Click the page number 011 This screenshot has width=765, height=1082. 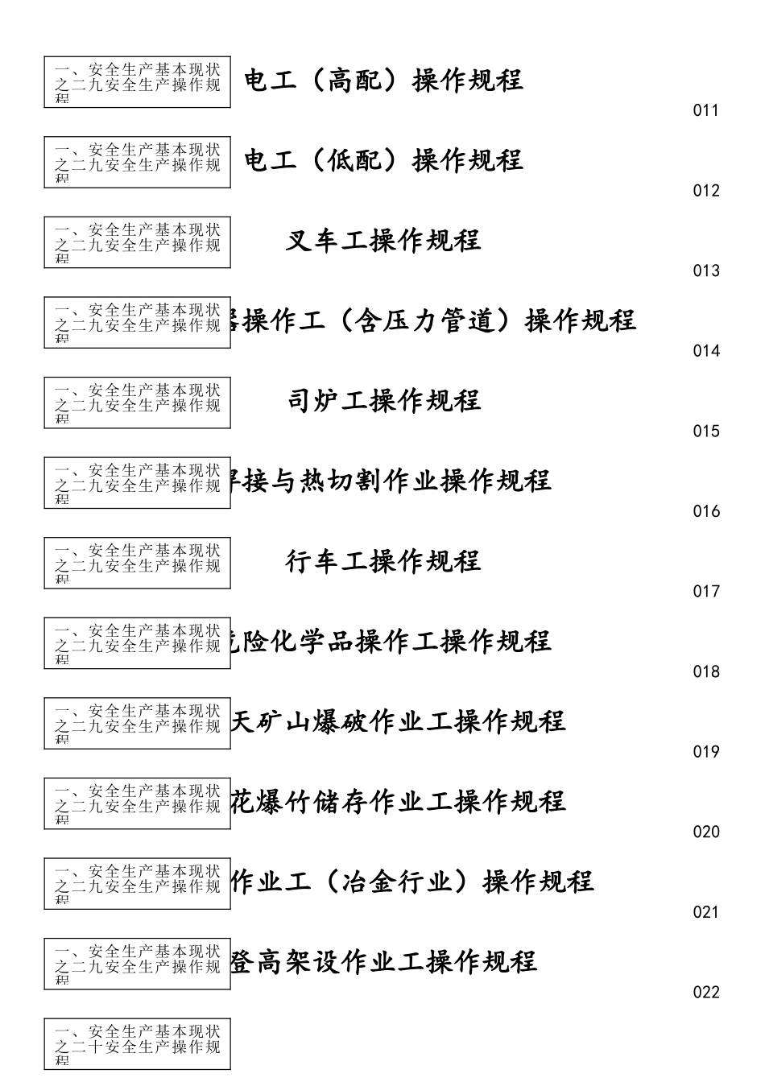point(705,110)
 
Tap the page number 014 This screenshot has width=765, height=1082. point(705,350)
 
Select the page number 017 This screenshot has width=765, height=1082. point(705,591)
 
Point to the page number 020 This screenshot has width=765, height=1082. point(705,832)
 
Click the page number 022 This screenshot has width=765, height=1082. point(705,992)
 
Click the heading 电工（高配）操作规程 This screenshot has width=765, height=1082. point(383,80)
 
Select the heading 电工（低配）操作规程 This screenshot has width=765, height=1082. point(383,160)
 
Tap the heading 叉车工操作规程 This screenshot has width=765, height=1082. point(383,240)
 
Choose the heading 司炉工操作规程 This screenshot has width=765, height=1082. point(383,400)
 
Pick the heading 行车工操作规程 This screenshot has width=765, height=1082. point(383,560)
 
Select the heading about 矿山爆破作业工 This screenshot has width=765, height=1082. point(399,721)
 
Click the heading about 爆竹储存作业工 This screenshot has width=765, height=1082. point(399,801)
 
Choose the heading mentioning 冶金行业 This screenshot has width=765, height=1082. point(412,882)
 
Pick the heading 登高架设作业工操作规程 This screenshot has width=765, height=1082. point(384,961)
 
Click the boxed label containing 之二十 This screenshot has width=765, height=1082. point(137,1044)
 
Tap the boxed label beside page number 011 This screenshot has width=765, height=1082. point(137,82)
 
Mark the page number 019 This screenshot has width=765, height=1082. point(705,751)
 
